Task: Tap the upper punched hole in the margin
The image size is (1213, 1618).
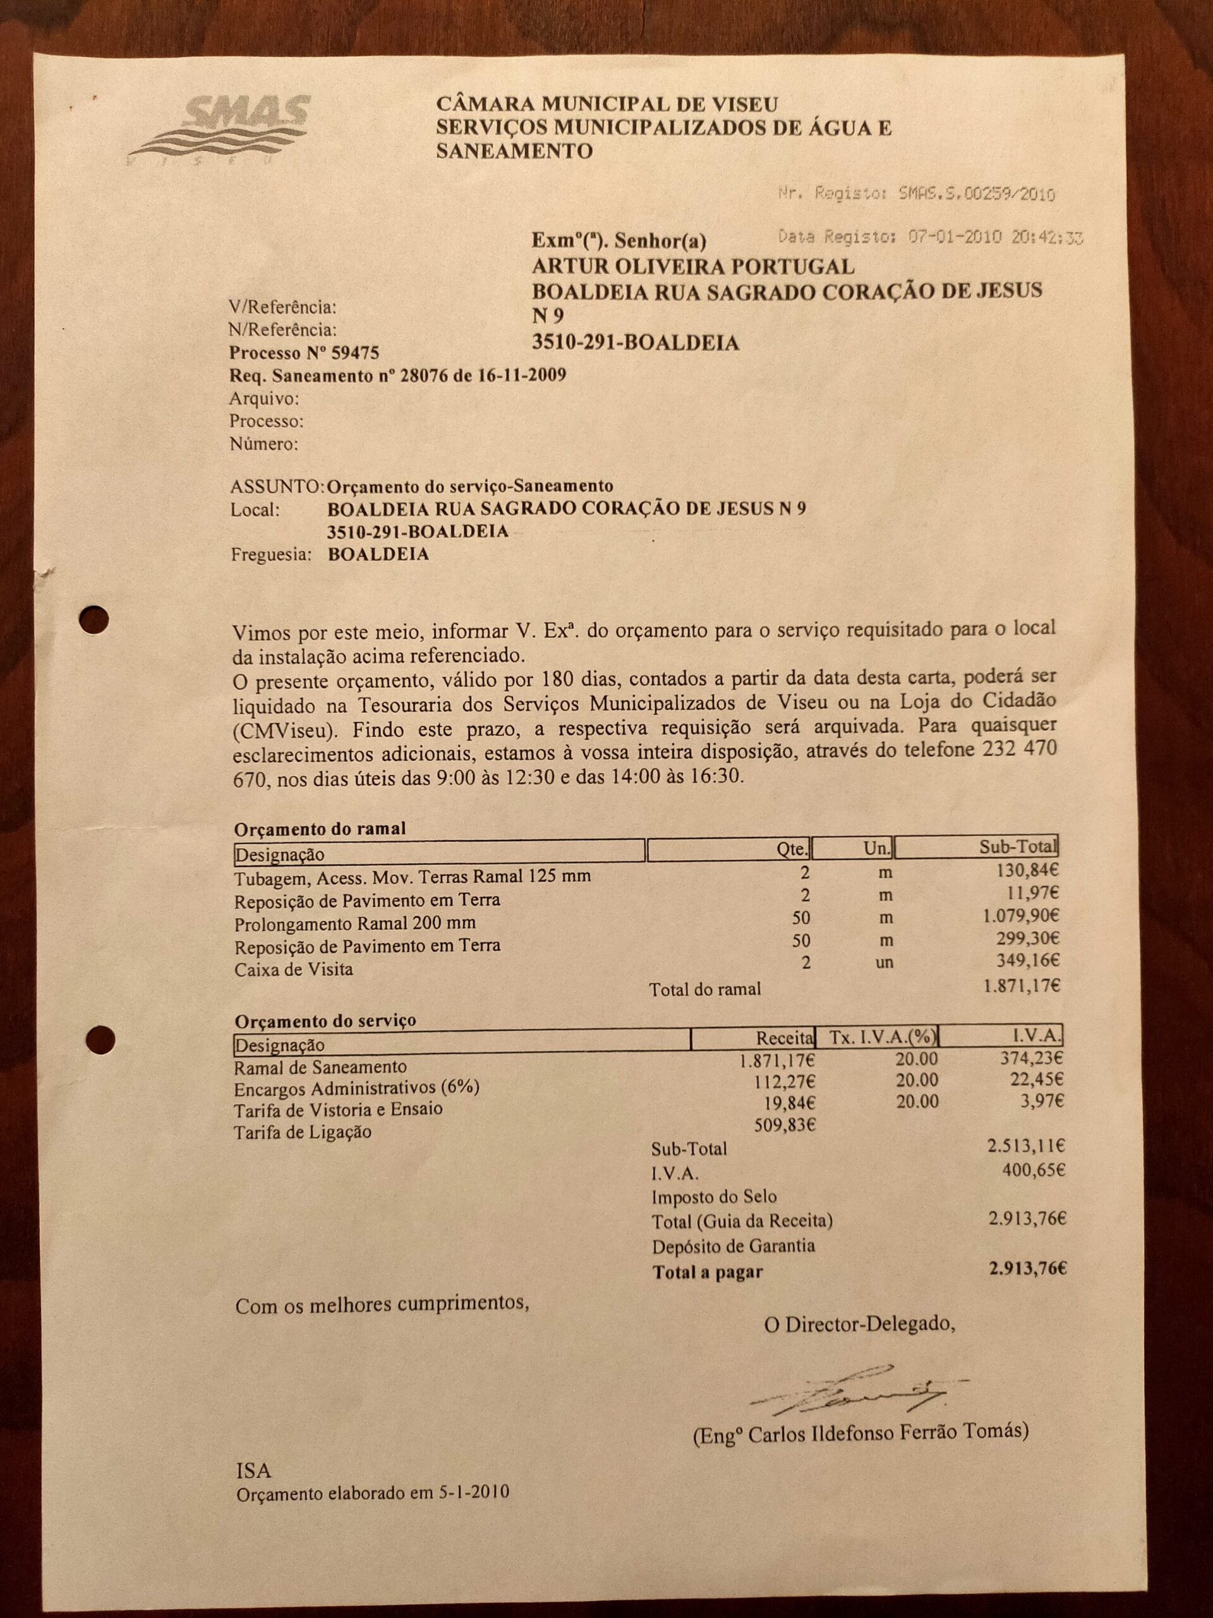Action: (x=94, y=620)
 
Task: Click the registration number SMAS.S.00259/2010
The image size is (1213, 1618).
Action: (x=976, y=194)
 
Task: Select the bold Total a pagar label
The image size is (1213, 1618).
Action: (x=707, y=1272)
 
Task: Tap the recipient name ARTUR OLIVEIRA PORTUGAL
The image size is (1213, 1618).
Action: (x=692, y=266)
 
